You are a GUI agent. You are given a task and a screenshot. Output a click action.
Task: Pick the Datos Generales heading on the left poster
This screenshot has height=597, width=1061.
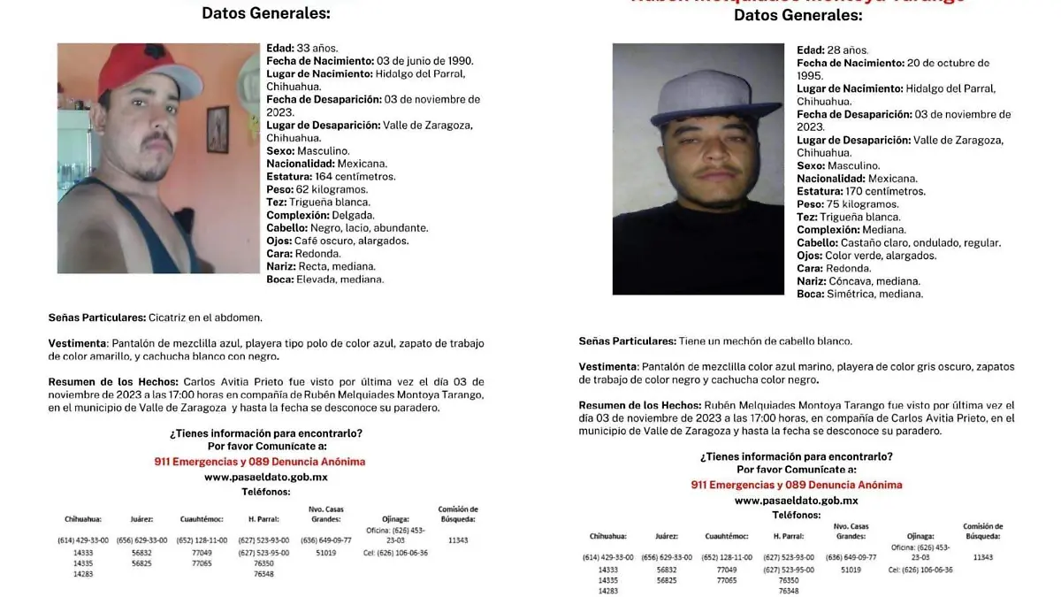tap(265, 13)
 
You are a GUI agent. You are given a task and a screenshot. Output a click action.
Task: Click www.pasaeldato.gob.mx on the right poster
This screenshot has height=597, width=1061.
tap(796, 501)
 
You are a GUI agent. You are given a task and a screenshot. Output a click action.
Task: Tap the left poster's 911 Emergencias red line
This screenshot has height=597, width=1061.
tap(259, 462)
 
